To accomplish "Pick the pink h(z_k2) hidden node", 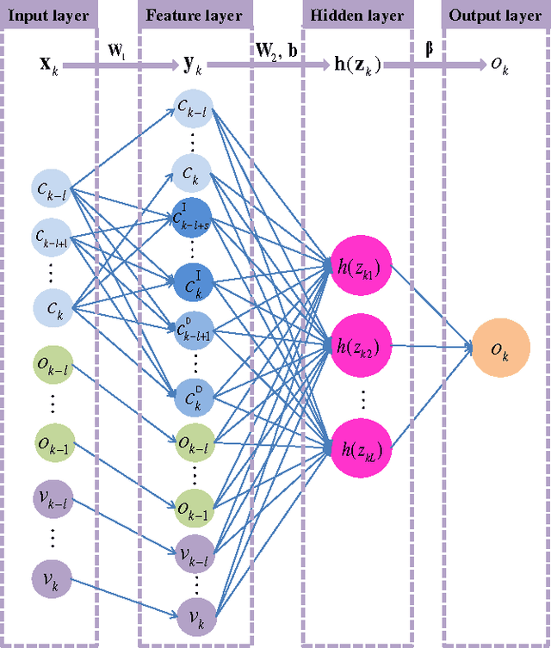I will coord(362,347).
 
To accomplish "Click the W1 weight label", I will coord(118,51).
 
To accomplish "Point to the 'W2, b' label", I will coord(276,51).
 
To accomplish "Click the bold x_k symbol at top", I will coord(49,65).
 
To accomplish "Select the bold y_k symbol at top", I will coord(192,65).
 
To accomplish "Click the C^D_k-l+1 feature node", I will coord(193,329).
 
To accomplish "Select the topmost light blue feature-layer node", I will coord(193,108).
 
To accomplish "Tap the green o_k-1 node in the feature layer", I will coord(193,505).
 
